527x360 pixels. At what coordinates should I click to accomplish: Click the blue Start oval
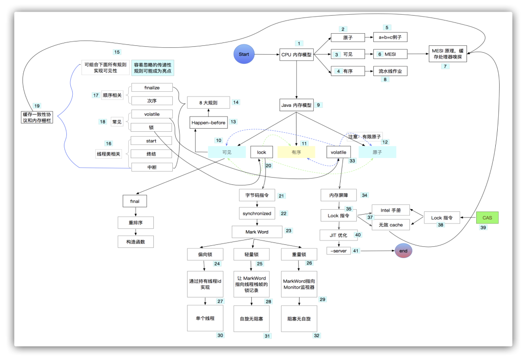point(244,54)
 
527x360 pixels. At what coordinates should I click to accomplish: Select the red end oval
point(404,251)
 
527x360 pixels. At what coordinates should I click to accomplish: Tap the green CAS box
point(487,218)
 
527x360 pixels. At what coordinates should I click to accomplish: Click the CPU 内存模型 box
point(296,55)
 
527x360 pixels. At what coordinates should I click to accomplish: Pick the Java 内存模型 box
point(296,105)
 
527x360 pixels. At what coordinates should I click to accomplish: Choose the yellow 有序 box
point(296,152)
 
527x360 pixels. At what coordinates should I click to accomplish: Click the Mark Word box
point(256,231)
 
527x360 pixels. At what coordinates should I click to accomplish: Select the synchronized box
point(256,214)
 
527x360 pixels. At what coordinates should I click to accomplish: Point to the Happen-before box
point(208,122)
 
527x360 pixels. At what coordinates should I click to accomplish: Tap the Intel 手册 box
point(391,210)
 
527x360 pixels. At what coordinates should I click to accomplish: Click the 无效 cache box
point(391,225)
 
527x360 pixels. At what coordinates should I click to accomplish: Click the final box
point(135,200)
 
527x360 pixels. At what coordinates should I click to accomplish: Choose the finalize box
point(152,87)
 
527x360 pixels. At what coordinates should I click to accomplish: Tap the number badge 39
point(484,228)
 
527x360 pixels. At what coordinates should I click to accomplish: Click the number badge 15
point(117,52)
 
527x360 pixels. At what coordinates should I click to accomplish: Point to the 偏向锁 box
point(205,254)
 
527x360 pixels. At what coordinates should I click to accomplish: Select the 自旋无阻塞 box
point(251,319)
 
